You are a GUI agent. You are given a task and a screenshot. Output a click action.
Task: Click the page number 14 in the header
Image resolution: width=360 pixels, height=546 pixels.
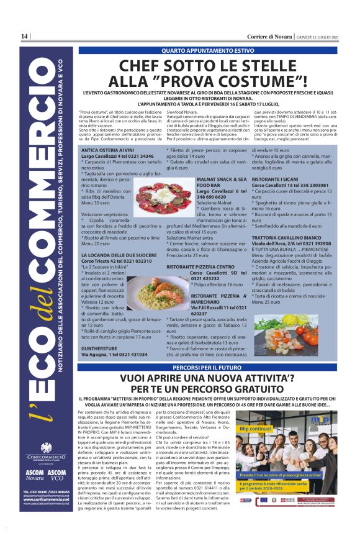pyautogui.click(x=24, y=37)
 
